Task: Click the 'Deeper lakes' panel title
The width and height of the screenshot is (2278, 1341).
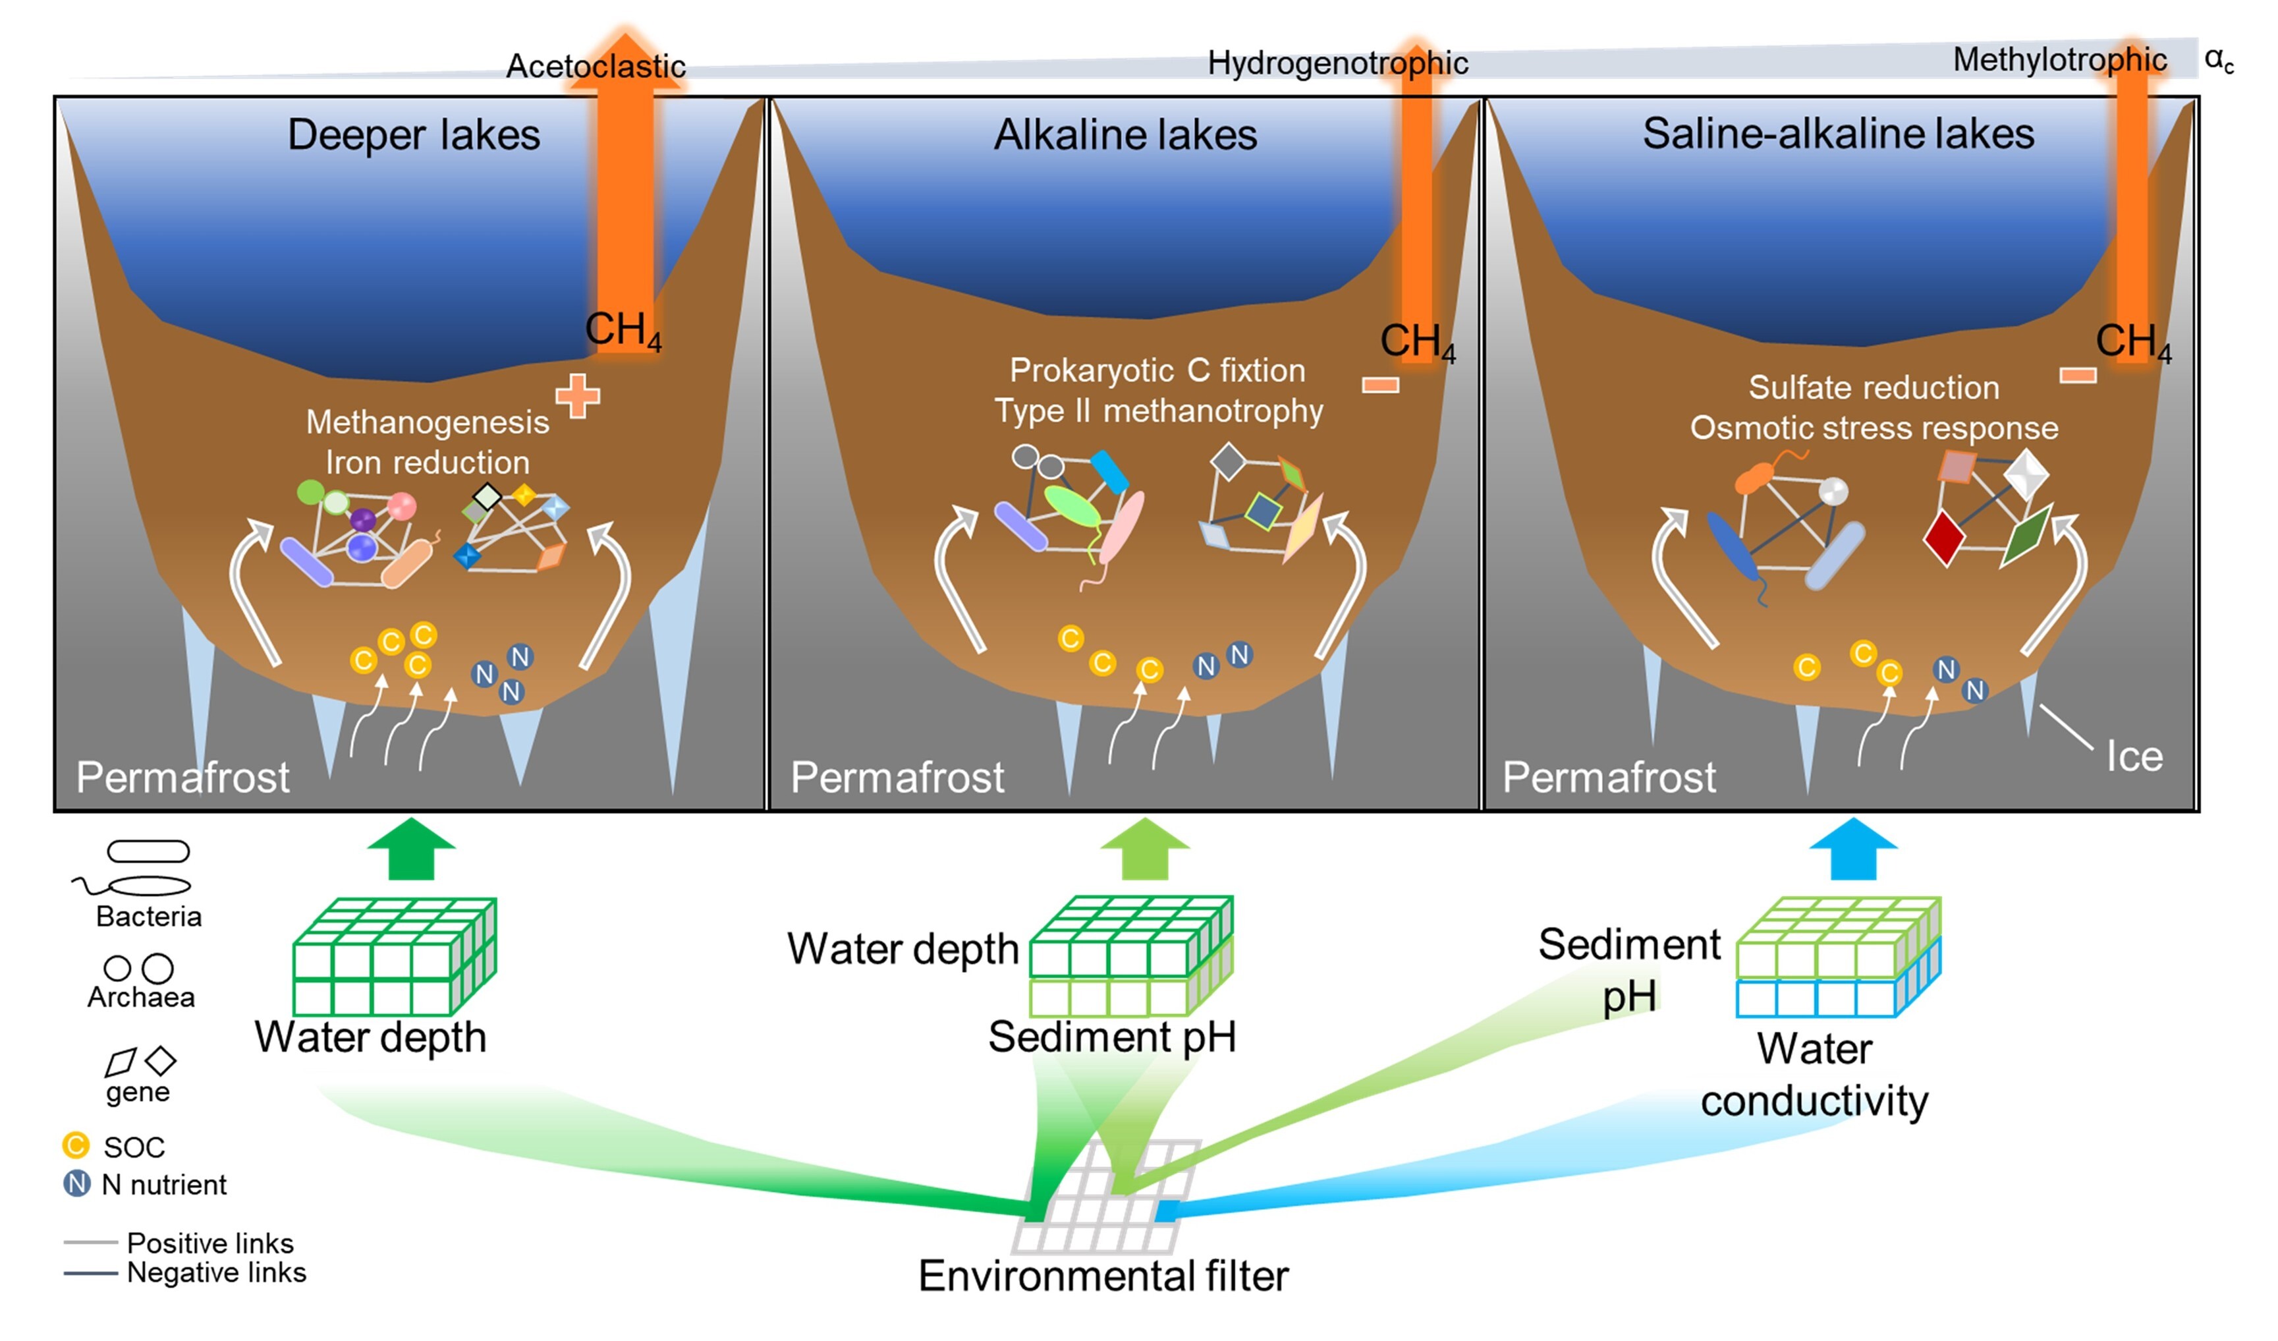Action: (x=413, y=134)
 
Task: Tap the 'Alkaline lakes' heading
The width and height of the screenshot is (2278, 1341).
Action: (x=1125, y=134)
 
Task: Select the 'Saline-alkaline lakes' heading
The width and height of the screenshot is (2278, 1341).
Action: (x=1838, y=134)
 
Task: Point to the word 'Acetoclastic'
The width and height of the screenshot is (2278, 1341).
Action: (x=595, y=65)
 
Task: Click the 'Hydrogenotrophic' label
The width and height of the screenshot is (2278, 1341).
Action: (x=1337, y=63)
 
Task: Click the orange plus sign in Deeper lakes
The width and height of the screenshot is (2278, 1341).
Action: (x=578, y=396)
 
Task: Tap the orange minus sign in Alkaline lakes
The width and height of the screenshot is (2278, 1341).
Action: (x=1380, y=386)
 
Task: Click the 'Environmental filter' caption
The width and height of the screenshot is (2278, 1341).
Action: (x=1103, y=1276)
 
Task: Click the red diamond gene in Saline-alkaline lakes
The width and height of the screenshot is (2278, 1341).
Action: (x=1943, y=537)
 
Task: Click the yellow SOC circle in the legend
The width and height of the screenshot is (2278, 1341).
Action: (x=76, y=1146)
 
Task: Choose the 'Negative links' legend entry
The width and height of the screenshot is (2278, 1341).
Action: (x=215, y=1272)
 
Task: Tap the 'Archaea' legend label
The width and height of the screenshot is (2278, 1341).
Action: (x=141, y=996)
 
